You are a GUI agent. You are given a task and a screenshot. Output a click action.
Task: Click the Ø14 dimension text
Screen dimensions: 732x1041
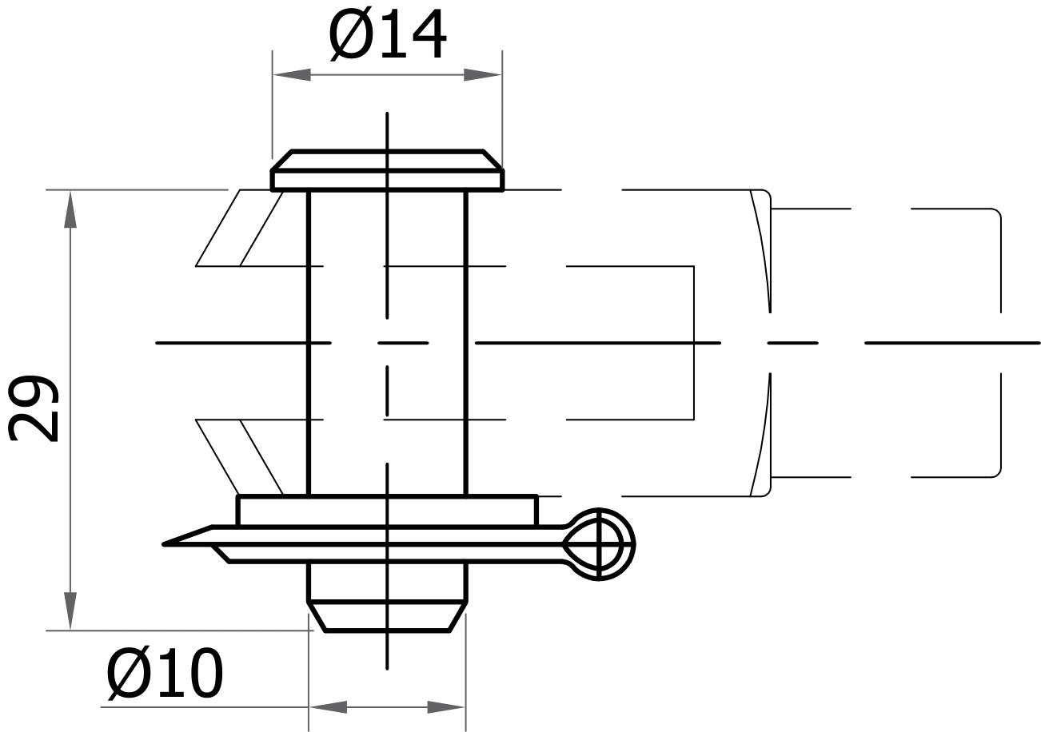[x=387, y=36]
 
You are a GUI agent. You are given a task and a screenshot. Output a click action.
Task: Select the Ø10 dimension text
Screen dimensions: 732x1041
[x=166, y=674]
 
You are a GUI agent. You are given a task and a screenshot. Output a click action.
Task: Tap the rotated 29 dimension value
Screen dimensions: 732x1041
[x=34, y=407]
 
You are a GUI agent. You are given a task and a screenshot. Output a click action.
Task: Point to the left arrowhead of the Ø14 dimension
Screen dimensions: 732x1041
[x=292, y=75]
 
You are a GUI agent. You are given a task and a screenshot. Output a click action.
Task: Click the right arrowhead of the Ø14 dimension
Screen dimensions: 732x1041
[x=483, y=75]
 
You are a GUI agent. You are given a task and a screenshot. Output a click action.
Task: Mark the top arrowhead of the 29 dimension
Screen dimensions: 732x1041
[x=70, y=209]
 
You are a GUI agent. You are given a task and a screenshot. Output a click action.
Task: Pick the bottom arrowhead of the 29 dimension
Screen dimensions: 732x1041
[x=70, y=611]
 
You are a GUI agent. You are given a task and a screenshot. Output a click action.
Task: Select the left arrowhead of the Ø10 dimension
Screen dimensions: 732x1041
[x=328, y=706]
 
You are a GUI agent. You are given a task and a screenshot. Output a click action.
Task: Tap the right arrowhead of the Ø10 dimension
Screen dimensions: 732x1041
[x=446, y=706]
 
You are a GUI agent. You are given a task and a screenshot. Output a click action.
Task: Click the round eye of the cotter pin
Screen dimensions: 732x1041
[x=600, y=544]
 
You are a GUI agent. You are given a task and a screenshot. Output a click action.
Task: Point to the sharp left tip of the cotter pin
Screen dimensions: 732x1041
[x=166, y=544]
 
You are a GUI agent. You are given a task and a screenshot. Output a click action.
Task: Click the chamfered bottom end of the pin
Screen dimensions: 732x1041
[x=387, y=616]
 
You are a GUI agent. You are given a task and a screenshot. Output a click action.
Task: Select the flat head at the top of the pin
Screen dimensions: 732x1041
[x=387, y=171]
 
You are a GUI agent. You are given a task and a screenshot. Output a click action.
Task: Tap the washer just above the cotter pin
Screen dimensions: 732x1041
[x=387, y=511]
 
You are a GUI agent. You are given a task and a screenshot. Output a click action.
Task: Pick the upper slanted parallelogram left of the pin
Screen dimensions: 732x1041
[x=240, y=228]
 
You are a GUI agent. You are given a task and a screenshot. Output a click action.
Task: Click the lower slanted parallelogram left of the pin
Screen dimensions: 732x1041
[x=240, y=456]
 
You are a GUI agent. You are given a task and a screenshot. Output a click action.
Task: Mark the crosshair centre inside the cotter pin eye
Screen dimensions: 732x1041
[x=600, y=544]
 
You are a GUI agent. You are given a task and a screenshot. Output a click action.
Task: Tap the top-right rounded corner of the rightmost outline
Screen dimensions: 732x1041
[x=996, y=213]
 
